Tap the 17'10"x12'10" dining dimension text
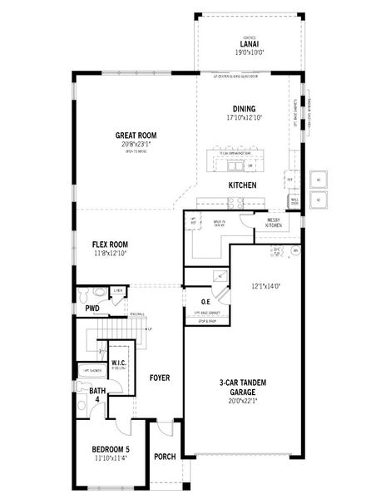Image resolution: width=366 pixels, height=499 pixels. (244, 117)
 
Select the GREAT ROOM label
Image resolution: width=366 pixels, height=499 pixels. (136, 135)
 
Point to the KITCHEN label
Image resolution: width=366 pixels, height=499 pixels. (242, 185)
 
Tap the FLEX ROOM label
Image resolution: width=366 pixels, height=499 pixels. (111, 245)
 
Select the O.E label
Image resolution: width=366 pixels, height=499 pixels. (205, 301)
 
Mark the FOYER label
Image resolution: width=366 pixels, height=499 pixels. (160, 378)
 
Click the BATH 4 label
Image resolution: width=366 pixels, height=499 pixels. (97, 395)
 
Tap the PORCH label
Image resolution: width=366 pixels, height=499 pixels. (165, 457)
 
